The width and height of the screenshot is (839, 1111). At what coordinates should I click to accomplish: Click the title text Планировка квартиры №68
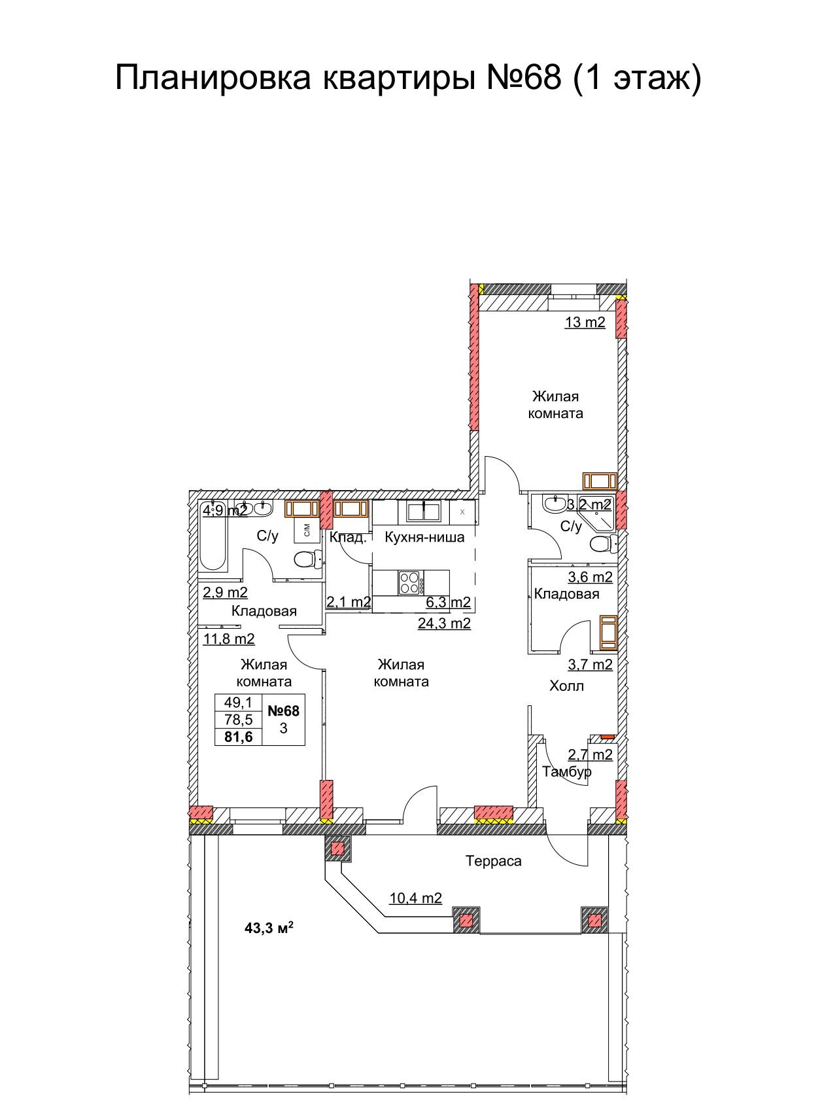pyautogui.click(x=339, y=79)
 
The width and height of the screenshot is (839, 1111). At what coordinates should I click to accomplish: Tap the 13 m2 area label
pyautogui.click(x=585, y=322)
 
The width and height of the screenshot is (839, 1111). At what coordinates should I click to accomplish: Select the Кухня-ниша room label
pyautogui.click(x=424, y=537)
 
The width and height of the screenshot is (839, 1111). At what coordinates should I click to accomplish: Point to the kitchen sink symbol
pyautogui.click(x=424, y=511)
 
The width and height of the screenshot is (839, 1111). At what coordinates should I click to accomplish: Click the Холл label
pyautogui.click(x=566, y=686)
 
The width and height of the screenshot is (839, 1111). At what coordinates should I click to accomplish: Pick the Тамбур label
pyautogui.click(x=567, y=771)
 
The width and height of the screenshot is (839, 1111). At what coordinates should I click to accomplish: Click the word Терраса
pyautogui.click(x=494, y=861)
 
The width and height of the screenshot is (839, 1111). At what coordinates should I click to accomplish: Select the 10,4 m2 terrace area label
pyautogui.click(x=415, y=898)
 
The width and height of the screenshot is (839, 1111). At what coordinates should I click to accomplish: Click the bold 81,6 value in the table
pyautogui.click(x=238, y=737)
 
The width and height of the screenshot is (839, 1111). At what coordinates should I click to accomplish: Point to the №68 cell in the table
pyautogui.click(x=283, y=711)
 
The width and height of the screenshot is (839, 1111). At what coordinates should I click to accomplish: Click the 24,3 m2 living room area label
pyautogui.click(x=444, y=623)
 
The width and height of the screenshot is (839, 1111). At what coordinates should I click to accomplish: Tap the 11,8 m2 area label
pyautogui.click(x=229, y=639)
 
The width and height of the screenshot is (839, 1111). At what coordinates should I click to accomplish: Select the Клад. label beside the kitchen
pyautogui.click(x=347, y=537)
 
